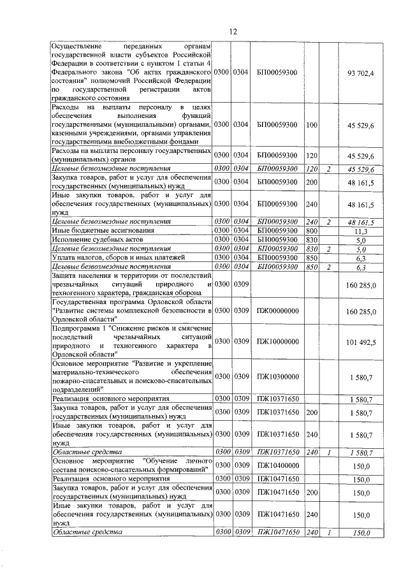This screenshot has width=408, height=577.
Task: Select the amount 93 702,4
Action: point(360,74)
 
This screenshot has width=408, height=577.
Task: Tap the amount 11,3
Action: point(361,231)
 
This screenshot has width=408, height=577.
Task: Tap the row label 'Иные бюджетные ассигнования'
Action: point(93,231)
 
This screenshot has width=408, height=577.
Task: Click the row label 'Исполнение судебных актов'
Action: point(89,240)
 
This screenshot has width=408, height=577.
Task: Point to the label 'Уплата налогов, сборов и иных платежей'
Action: point(118,258)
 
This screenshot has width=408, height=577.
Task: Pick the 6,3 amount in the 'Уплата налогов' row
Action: point(361,258)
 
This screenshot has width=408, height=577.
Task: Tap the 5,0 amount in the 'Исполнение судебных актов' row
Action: point(361,240)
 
